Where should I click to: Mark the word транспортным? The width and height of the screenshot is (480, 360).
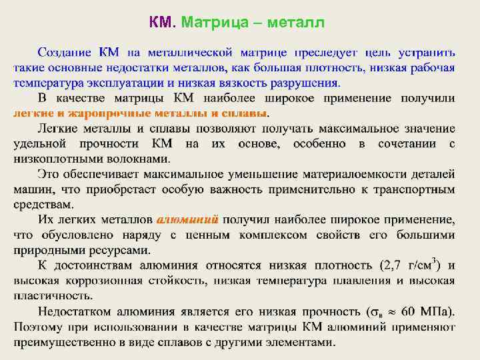pyautogui.click(x=413, y=190)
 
